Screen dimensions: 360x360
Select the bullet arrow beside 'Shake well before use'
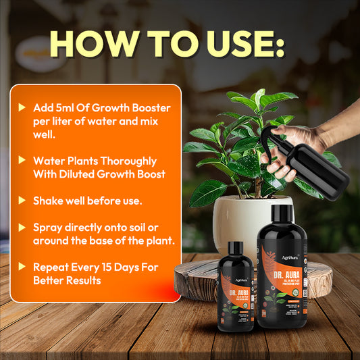click(x=24, y=201)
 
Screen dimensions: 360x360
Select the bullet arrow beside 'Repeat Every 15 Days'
click(x=24, y=267)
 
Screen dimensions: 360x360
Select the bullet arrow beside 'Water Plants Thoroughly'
click(x=24, y=161)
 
